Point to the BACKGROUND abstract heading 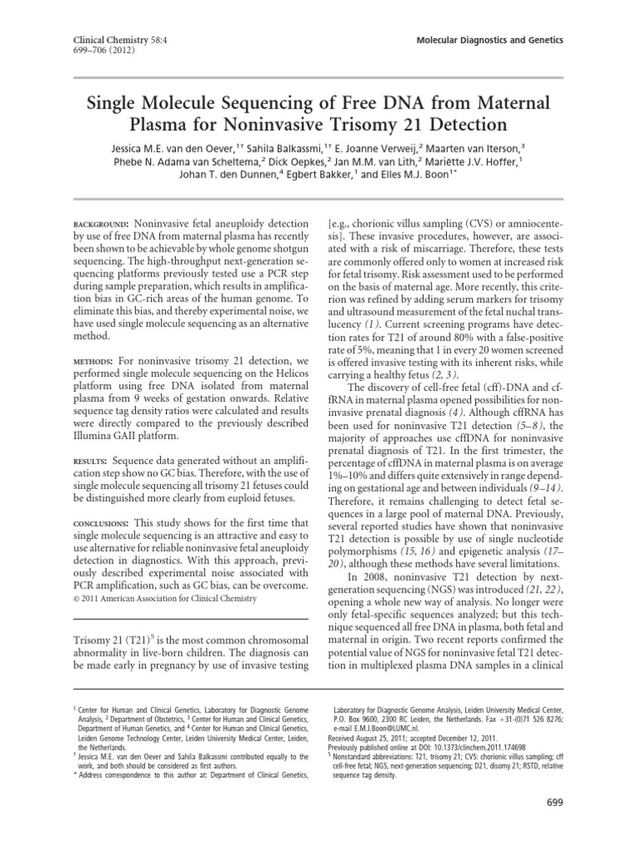pyautogui.click(x=98, y=225)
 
